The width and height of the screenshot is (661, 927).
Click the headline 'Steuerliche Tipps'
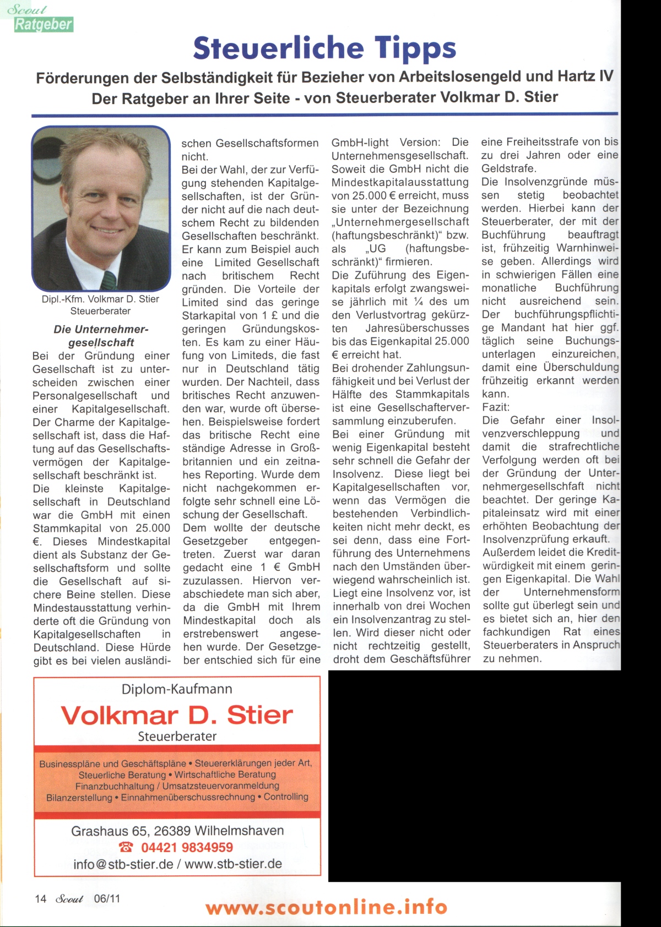(x=324, y=48)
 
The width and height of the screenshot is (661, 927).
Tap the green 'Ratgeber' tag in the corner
(x=44, y=24)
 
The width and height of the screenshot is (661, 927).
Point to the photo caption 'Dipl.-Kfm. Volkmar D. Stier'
(x=100, y=299)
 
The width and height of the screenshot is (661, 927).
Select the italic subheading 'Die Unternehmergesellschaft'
(x=101, y=336)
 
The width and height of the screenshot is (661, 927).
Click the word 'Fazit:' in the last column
(x=496, y=407)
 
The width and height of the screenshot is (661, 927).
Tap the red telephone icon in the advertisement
(x=126, y=848)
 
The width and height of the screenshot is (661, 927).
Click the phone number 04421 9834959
(x=187, y=848)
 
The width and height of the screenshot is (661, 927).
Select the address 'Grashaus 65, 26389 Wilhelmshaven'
(x=177, y=831)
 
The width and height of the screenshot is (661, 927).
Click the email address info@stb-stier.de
(x=123, y=864)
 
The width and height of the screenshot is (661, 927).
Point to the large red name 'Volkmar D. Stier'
(x=177, y=715)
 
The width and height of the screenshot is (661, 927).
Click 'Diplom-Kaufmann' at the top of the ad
(x=177, y=689)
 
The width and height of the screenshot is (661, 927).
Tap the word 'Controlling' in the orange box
(x=286, y=797)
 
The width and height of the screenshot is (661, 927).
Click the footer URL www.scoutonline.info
(x=326, y=907)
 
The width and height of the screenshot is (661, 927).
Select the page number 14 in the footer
(x=41, y=899)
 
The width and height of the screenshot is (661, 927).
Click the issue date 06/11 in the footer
(x=107, y=899)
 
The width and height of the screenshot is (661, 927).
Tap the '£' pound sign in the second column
(x=274, y=315)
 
